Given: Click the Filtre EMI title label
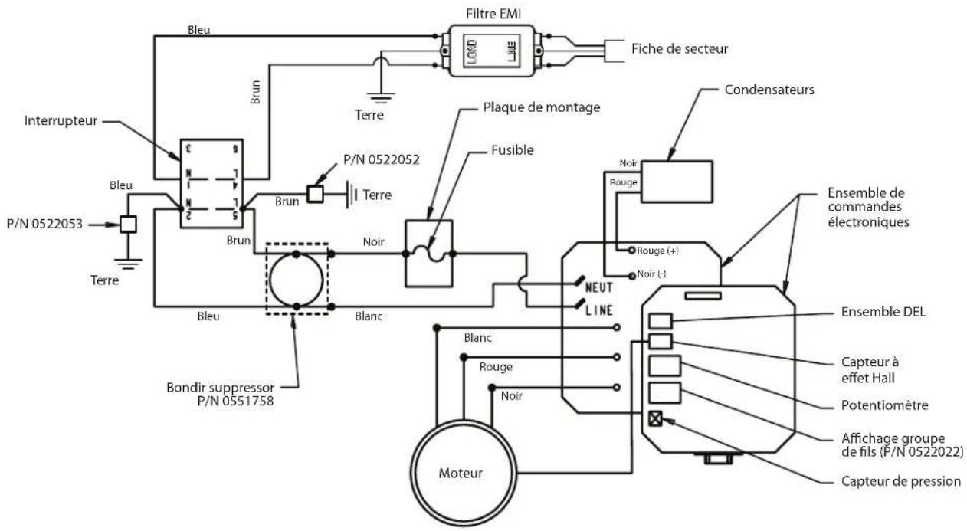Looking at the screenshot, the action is (x=493, y=14).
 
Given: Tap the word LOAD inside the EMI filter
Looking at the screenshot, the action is (x=472, y=51).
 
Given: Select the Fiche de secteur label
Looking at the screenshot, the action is (x=680, y=49).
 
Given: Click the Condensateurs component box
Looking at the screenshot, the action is (x=677, y=182).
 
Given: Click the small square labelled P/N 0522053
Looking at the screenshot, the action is (x=128, y=224).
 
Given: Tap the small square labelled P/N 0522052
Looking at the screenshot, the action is (x=315, y=195).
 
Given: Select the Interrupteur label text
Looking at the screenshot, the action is (x=61, y=121).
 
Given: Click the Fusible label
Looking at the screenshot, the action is (x=513, y=150).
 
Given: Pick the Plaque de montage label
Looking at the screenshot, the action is (x=541, y=107).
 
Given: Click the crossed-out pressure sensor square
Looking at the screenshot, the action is (x=655, y=418).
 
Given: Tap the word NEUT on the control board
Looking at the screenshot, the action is (x=598, y=287).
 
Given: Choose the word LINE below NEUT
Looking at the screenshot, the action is (x=598, y=310).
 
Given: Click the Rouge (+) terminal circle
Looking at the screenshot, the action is (x=631, y=250).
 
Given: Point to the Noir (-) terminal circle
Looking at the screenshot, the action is (x=631, y=276).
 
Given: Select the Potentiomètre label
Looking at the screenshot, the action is (x=884, y=405).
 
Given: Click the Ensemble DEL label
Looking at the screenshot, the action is (x=883, y=312).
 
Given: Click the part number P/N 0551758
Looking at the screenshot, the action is (x=235, y=401).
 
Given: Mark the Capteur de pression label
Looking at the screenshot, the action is (x=901, y=481).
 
